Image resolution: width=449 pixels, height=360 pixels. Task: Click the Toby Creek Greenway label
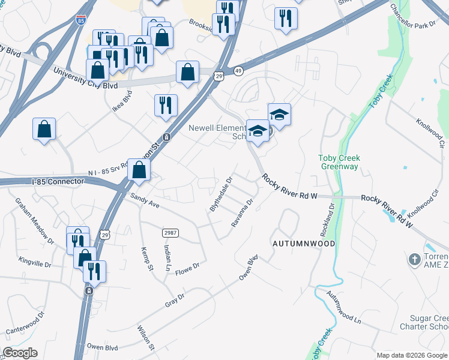(340, 162)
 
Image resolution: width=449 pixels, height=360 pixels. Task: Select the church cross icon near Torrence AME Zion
(414, 260)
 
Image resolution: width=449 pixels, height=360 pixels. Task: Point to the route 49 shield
(238, 71)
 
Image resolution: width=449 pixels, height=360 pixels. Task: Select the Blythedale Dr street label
(221, 194)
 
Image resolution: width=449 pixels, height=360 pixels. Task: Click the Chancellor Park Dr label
(412, 17)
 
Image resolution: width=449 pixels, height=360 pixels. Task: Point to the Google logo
(20, 353)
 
